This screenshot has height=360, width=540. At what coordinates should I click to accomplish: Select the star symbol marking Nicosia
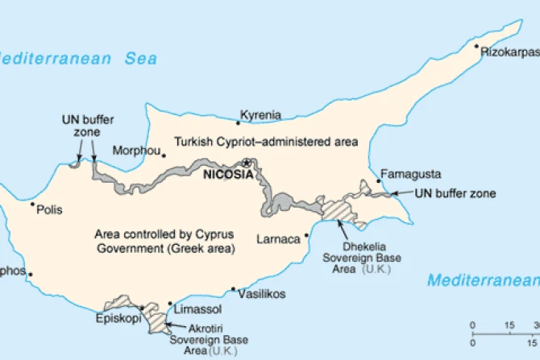coord(247,163)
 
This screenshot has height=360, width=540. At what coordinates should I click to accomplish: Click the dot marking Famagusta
coord(380,181)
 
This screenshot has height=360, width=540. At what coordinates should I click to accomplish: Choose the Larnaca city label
coord(278,239)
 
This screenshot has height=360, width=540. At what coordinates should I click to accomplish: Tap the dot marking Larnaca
coord(306,236)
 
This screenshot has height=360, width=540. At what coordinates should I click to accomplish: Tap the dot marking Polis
coord(32,205)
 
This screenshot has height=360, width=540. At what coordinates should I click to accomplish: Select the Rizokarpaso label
coord(509,51)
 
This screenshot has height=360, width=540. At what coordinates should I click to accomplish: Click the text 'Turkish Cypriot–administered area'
coord(265,142)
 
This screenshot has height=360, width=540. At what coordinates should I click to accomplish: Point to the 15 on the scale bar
coord(509,325)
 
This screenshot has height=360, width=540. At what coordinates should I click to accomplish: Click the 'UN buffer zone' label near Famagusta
coord(455,193)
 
